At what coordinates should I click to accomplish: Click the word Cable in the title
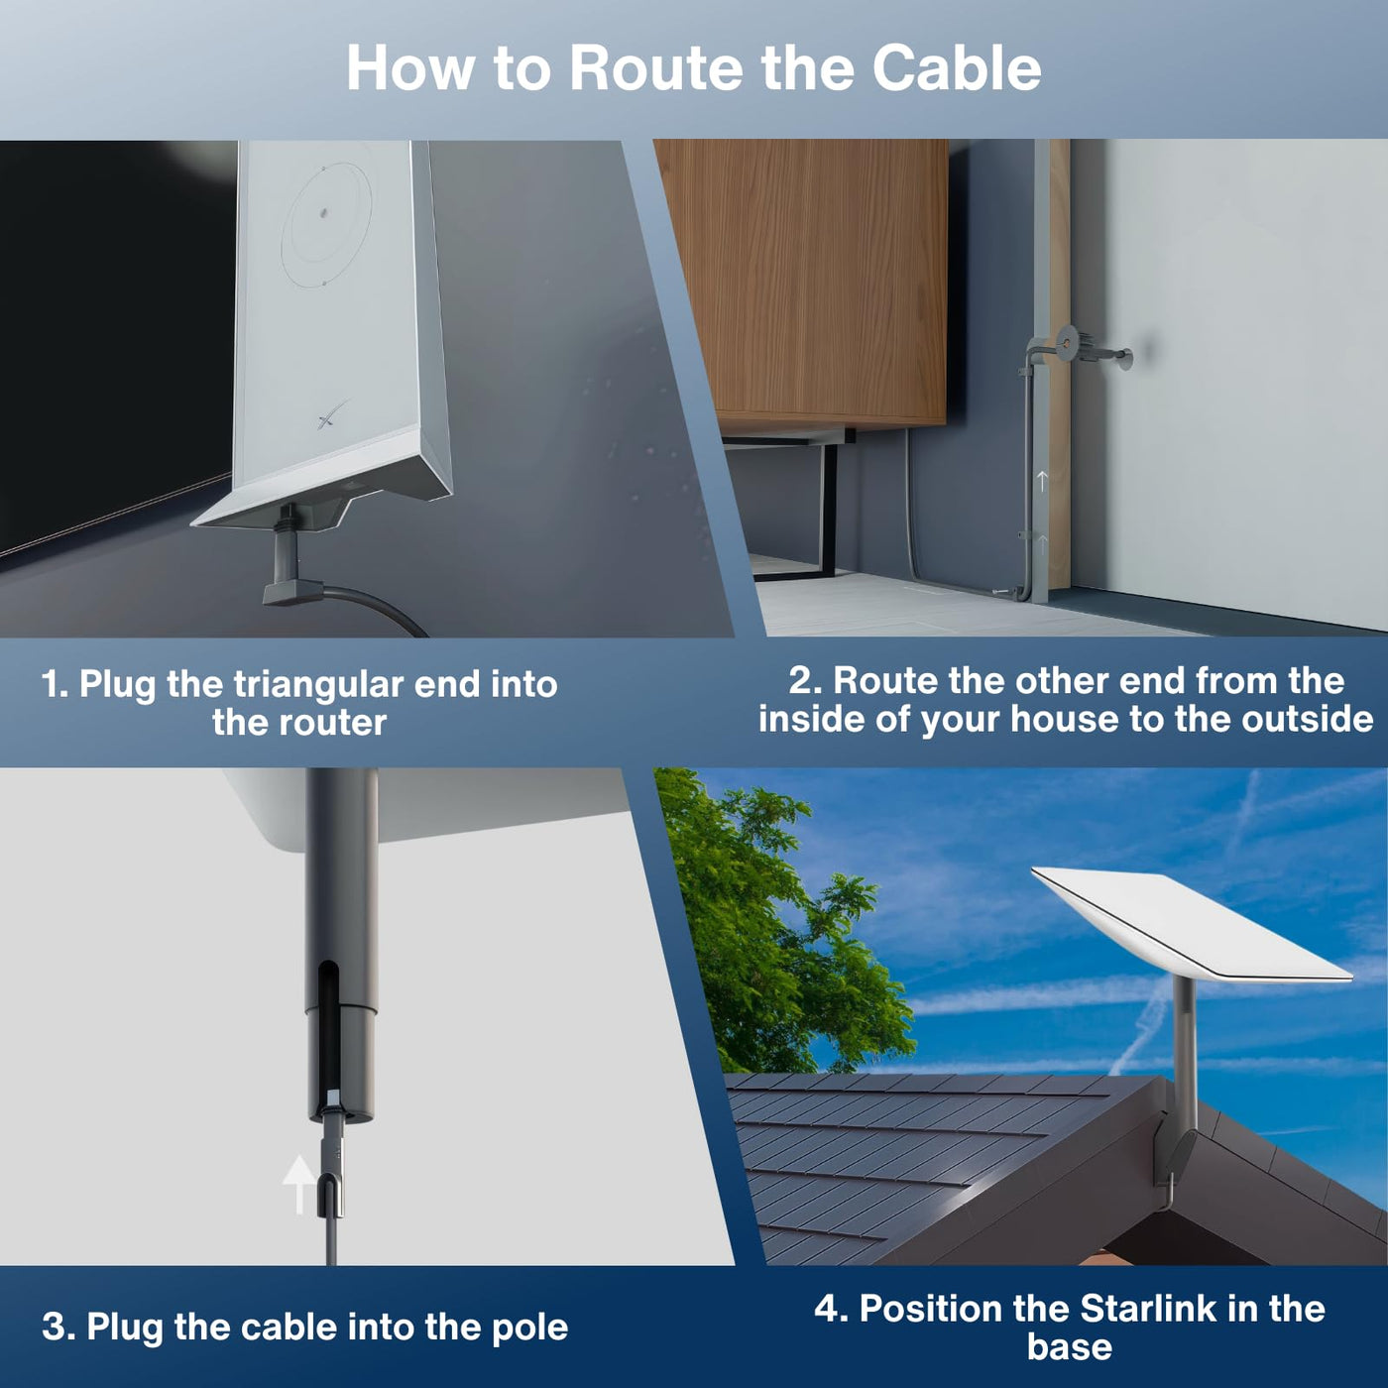pyautogui.click(x=956, y=68)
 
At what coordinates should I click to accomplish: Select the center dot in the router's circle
pyautogui.click(x=324, y=212)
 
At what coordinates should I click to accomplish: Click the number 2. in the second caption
pyautogui.click(x=804, y=681)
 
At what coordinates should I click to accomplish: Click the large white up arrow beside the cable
pyautogui.click(x=297, y=1184)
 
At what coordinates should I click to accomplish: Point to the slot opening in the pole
pyautogui.click(x=327, y=1037)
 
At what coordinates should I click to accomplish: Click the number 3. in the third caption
pyautogui.click(x=57, y=1327)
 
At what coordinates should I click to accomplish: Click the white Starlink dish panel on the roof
pyautogui.click(x=1192, y=926)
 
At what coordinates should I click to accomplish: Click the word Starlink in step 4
pyautogui.click(x=1150, y=1309)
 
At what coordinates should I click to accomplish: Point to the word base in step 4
pyautogui.click(x=1070, y=1347)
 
